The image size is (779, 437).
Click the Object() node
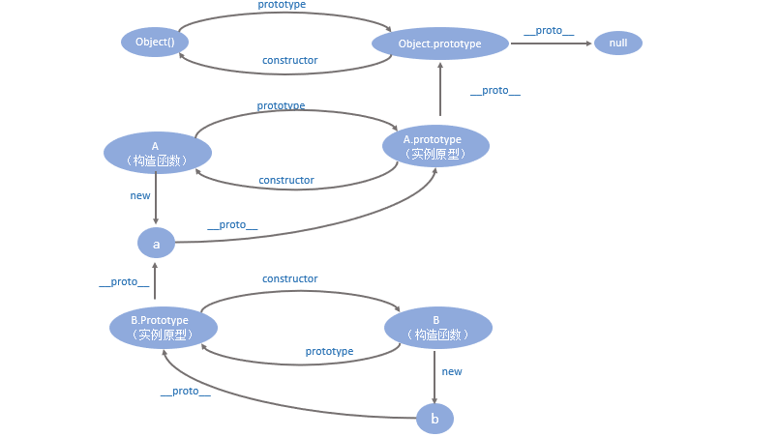[154, 43]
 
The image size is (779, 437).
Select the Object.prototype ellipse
[440, 44]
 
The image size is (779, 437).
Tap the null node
[617, 43]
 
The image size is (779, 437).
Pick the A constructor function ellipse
[157, 153]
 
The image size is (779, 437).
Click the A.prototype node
[433, 146]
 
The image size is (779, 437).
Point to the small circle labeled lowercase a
[156, 243]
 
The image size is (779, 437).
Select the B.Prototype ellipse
[162, 327]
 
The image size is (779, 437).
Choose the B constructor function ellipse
[437, 327]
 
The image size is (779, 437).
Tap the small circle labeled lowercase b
[434, 419]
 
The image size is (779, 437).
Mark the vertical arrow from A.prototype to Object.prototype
[440, 92]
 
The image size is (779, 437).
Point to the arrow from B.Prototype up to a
[156, 282]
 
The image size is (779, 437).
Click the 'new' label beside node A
[140, 195]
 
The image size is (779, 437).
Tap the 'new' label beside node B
[452, 371]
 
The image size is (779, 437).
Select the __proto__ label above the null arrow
[549, 31]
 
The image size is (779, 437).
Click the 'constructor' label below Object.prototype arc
[290, 60]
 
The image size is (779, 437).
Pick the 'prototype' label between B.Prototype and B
[329, 351]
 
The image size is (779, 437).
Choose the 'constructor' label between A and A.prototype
[286, 180]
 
